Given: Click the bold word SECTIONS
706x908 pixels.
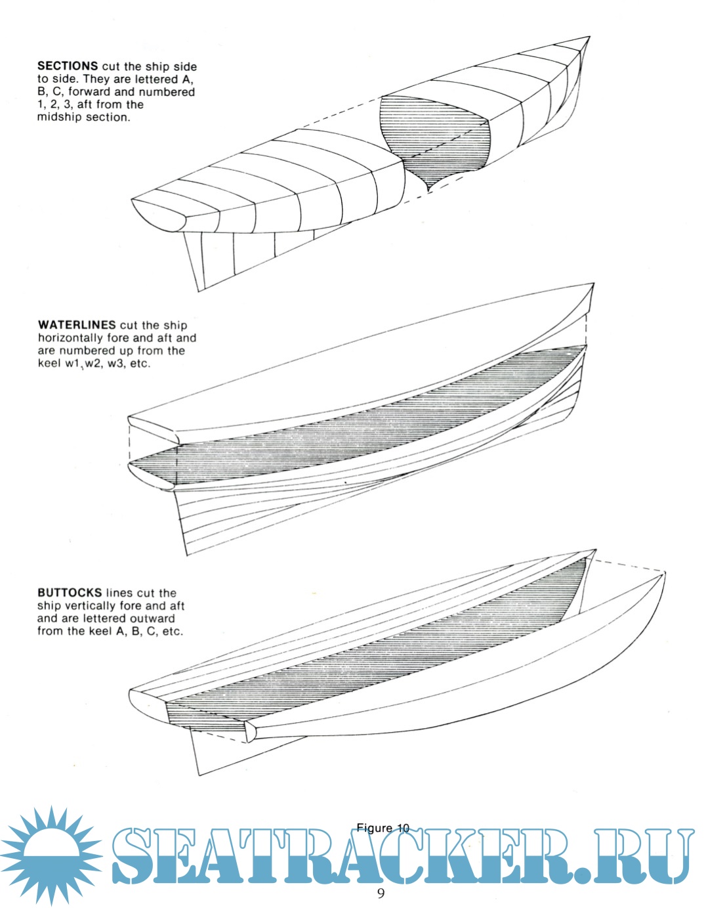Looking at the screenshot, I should [x=68, y=66].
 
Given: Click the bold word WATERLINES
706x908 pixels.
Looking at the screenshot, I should [x=77, y=325].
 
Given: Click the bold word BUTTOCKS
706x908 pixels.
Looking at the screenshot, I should [x=70, y=593].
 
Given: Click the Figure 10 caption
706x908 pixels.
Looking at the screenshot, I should [x=383, y=828].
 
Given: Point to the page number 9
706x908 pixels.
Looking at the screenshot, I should [x=381, y=893].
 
